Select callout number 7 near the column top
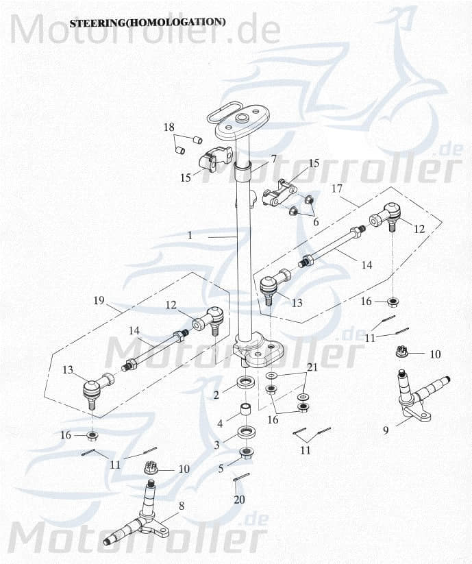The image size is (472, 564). (273, 159)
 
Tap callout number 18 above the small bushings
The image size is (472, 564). (169, 127)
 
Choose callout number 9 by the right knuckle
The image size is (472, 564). (386, 430)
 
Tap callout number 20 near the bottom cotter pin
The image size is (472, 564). (238, 500)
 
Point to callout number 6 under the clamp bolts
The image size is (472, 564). (316, 222)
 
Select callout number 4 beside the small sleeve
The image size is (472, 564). (219, 424)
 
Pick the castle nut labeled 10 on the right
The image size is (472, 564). (403, 352)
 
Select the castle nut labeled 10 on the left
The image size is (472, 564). (151, 469)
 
